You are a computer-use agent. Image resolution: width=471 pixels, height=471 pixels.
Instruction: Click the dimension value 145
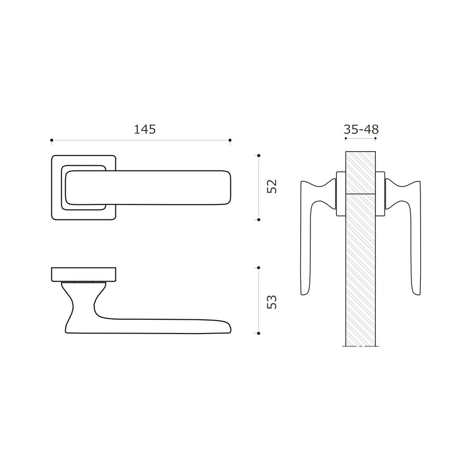tap(144, 129)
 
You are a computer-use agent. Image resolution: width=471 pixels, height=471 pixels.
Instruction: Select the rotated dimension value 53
tap(272, 301)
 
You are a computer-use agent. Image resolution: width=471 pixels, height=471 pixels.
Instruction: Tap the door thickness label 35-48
tap(361, 129)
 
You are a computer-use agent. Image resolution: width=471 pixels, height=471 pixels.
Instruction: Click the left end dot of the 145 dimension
tap(52, 140)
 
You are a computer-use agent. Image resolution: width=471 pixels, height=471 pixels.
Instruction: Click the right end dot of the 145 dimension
tap(230, 140)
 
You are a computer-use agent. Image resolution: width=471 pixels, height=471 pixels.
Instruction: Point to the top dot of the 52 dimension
tap(259, 155)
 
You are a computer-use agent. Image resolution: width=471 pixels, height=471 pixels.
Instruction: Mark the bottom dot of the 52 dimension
tap(259, 219)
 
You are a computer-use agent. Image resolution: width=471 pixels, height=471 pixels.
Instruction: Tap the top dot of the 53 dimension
tap(259, 268)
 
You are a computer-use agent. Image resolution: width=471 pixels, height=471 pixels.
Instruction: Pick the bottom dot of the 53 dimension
tap(259, 333)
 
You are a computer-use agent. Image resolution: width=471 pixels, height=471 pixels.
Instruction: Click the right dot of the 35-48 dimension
tap(375, 140)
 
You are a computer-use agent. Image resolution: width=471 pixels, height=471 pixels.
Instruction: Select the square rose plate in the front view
tap(57, 212)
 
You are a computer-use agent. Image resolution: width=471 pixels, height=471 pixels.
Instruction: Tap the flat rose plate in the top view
tap(83, 274)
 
